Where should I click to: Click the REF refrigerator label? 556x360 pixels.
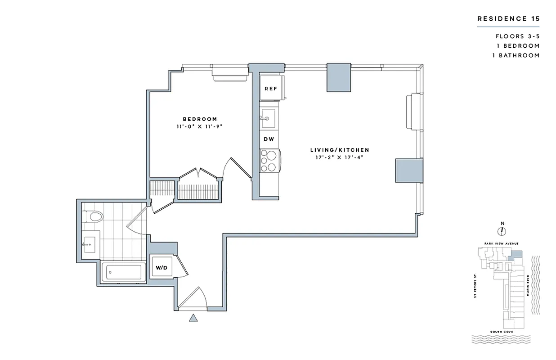[270, 89]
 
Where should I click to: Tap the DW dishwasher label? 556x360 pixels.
[269, 139]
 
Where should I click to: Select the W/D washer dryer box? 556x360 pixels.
[161, 268]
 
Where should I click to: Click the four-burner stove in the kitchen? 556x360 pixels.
[269, 160]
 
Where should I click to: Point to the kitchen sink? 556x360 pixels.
[269, 118]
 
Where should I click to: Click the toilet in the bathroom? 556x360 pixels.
[93, 217]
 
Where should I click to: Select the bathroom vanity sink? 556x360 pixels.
[89, 244]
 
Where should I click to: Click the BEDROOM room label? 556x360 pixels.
[200, 119]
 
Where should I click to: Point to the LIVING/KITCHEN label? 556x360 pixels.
[340, 150]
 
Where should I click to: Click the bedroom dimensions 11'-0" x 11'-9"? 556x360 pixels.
[200, 126]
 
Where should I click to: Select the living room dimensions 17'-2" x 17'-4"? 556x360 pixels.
[340, 157]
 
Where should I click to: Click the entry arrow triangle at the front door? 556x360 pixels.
[193, 319]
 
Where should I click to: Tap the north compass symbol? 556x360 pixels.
[502, 230]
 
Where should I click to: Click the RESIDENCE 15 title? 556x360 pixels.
[508, 19]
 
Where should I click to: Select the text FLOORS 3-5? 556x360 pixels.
[517, 36]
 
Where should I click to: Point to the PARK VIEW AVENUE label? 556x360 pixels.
[502, 243]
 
